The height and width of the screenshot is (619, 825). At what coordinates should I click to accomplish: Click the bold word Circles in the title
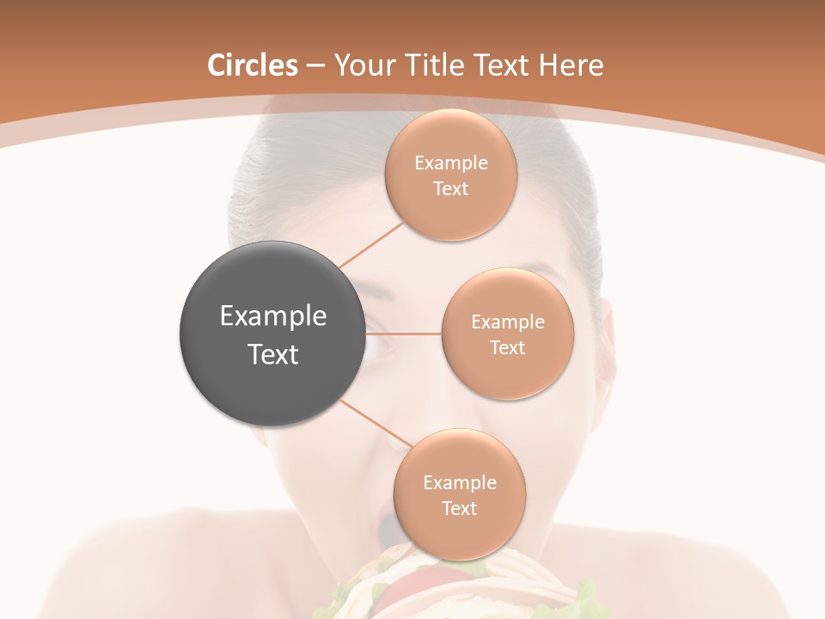click(252, 65)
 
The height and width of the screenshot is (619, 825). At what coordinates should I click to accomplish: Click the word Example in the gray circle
click(273, 316)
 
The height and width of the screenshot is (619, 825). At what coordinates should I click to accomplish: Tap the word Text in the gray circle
click(273, 354)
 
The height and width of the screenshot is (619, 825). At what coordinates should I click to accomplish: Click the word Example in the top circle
click(451, 163)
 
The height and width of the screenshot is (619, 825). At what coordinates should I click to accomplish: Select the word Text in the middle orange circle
click(507, 348)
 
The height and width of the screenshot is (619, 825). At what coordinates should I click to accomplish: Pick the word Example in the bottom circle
click(459, 483)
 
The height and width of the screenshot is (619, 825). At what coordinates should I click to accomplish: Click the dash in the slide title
click(314, 66)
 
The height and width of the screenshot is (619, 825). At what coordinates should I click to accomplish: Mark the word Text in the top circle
click(451, 189)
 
